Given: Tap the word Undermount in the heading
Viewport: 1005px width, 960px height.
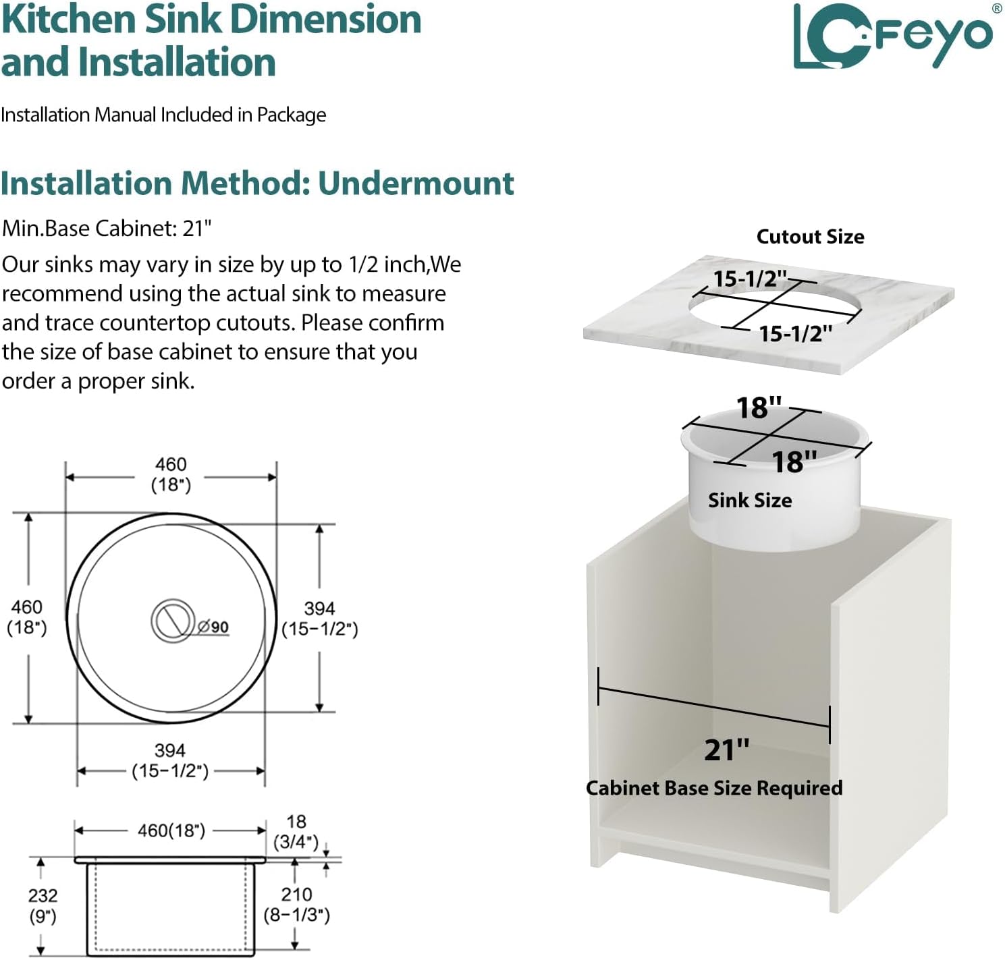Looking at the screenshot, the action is [416, 183].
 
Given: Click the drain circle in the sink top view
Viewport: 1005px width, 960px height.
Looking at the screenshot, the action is [173, 621].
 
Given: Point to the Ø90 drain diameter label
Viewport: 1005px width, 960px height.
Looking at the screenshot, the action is [213, 627].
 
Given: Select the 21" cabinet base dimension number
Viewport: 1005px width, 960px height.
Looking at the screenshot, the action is [727, 750].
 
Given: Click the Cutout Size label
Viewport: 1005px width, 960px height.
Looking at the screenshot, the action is [811, 237].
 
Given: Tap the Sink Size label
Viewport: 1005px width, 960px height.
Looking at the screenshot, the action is [750, 500].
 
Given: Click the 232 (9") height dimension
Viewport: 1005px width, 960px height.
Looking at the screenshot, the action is [43, 906].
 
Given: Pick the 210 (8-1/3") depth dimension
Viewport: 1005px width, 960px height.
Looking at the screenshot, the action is [296, 905].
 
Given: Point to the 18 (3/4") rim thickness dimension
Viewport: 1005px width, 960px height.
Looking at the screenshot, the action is [296, 832].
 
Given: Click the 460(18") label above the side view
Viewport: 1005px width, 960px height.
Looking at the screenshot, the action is [171, 830].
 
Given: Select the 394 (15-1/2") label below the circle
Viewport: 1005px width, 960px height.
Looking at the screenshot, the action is [170, 760].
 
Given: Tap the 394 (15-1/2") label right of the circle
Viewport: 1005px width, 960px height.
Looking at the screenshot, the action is [320, 619].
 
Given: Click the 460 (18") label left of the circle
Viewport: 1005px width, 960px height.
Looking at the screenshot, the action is [27, 617].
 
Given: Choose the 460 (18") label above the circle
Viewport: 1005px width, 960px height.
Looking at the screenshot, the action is [171, 474].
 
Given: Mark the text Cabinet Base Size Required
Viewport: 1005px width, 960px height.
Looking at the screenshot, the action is [714, 788].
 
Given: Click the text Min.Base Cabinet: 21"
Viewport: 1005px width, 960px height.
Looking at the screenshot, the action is [107, 228].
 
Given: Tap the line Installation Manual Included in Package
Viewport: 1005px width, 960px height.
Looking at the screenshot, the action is [163, 115].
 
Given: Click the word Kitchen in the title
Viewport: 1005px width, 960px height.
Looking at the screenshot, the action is [69, 20].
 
